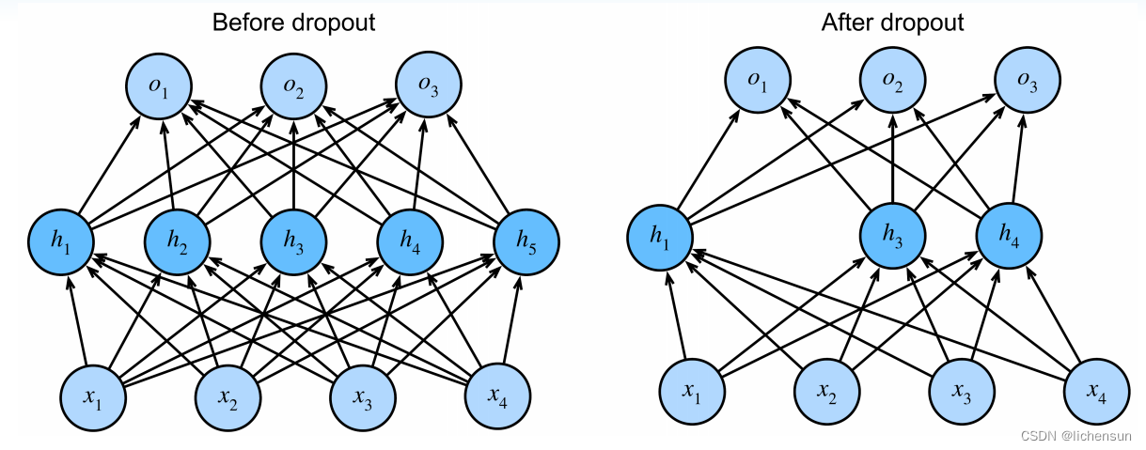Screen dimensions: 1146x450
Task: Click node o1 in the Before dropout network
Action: click(x=159, y=85)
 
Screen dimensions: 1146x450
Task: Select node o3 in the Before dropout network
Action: click(x=429, y=85)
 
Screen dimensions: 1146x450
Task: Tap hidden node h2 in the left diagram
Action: click(x=178, y=241)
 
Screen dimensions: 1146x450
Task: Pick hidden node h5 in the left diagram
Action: click(x=526, y=241)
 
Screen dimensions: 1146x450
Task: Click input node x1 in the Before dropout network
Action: click(x=93, y=397)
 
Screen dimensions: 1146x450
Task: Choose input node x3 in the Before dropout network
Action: click(x=363, y=397)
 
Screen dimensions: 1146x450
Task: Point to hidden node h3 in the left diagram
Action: click(x=293, y=241)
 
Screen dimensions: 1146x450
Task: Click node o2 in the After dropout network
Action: click(x=893, y=80)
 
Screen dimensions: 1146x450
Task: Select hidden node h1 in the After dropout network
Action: click(x=660, y=238)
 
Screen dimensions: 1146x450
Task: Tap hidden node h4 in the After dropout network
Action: click(x=1009, y=236)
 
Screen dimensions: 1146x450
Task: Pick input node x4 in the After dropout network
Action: click(x=1097, y=392)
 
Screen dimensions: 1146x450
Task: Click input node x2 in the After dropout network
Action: click(x=826, y=392)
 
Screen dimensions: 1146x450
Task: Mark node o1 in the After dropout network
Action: click(x=758, y=80)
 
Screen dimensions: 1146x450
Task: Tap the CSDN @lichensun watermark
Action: click(x=1075, y=436)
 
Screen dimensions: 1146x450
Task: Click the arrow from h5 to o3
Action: click(x=478, y=163)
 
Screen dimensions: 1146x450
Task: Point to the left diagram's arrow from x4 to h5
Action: click(x=512, y=319)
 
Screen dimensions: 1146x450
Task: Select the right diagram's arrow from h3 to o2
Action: click(x=893, y=159)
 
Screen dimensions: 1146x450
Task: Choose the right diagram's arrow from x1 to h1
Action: click(x=677, y=315)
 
